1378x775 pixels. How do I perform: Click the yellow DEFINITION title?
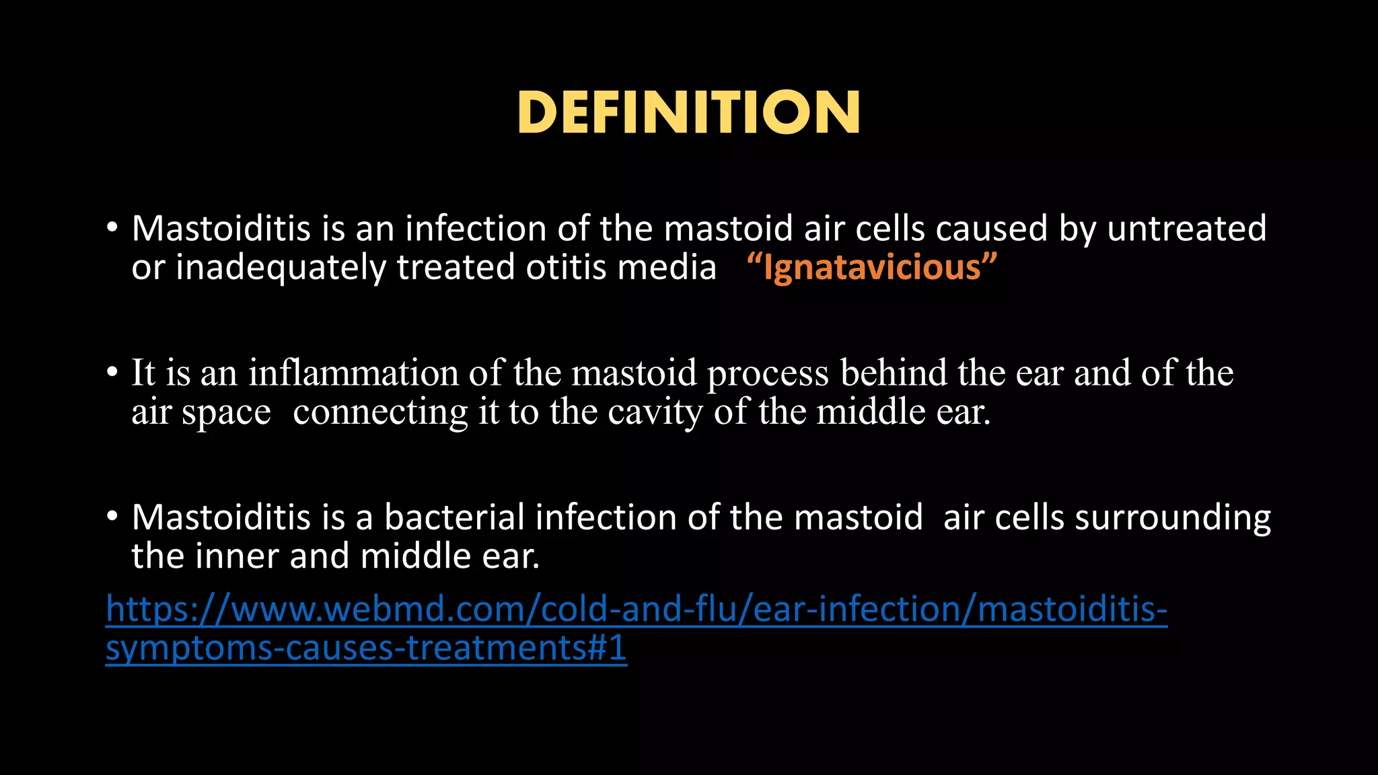(x=688, y=112)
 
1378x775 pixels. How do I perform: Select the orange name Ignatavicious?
(x=872, y=268)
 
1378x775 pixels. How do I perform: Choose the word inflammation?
(x=353, y=373)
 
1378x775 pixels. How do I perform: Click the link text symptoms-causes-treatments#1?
(x=366, y=649)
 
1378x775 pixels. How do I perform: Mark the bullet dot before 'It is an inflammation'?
(x=112, y=373)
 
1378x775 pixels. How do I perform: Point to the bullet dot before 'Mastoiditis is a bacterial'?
(x=112, y=517)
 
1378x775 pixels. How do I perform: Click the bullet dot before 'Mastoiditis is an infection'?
(x=112, y=229)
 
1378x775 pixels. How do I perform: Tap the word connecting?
(x=380, y=412)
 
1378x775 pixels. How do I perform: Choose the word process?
(x=767, y=375)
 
